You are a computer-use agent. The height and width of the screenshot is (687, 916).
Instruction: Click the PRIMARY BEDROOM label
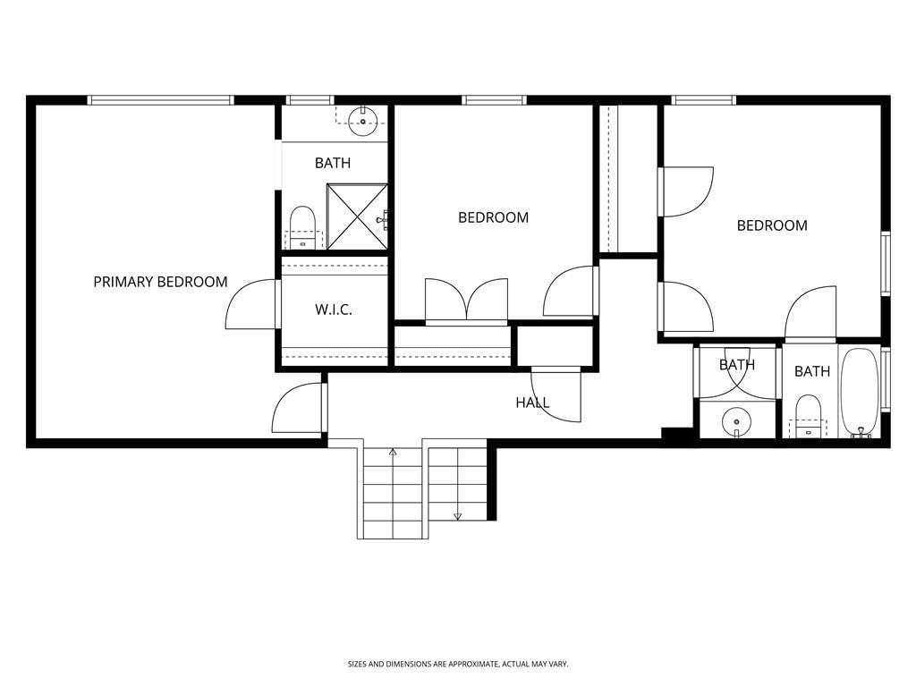[x=161, y=282]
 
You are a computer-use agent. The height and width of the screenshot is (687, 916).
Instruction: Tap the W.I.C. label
[x=334, y=310]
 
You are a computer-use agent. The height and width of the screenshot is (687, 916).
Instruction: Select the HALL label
[x=532, y=403]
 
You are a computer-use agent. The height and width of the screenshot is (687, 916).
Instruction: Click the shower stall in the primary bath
[x=357, y=216]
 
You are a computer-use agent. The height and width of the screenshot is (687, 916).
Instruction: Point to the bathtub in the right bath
[x=859, y=393]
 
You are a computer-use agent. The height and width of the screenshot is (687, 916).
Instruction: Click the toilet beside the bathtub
[x=809, y=417]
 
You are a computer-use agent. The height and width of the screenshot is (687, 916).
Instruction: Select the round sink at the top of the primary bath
[x=363, y=121]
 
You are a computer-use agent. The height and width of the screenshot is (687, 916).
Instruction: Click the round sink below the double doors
[x=737, y=421]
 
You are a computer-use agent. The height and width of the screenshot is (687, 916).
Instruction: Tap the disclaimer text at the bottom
[x=458, y=665]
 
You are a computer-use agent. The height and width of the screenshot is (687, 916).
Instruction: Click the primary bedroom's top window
[x=161, y=100]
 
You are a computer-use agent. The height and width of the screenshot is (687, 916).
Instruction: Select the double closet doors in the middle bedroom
[x=466, y=301]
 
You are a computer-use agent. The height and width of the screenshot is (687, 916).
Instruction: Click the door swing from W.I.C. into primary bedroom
[x=250, y=304]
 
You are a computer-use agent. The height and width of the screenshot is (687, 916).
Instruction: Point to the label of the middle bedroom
[x=493, y=218]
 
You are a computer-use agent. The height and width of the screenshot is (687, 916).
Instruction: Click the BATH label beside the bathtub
[x=812, y=371]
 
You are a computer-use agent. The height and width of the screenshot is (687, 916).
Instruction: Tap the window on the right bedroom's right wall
[x=886, y=262]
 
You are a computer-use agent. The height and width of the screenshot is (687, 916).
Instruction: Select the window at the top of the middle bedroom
[x=494, y=100]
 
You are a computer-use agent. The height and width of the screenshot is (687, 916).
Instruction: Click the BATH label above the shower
[x=333, y=163]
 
